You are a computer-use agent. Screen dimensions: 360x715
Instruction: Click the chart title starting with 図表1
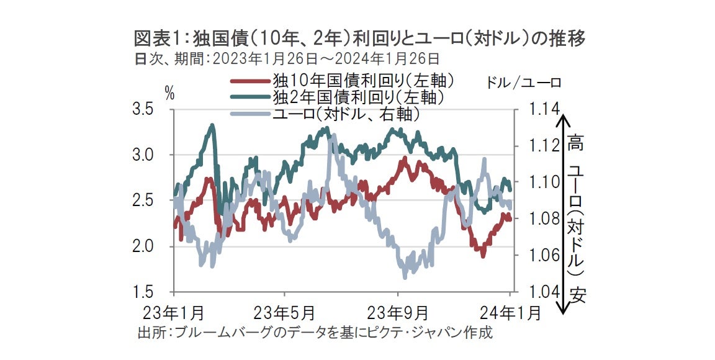click(360, 39)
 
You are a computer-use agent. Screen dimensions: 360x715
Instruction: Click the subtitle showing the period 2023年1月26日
click(287, 59)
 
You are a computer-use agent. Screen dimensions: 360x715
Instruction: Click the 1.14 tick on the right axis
click(544, 110)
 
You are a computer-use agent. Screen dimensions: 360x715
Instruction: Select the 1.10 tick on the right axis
click(544, 182)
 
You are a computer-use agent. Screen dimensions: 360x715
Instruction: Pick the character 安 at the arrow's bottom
click(578, 292)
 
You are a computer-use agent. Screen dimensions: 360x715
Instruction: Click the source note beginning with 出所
click(315, 332)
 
